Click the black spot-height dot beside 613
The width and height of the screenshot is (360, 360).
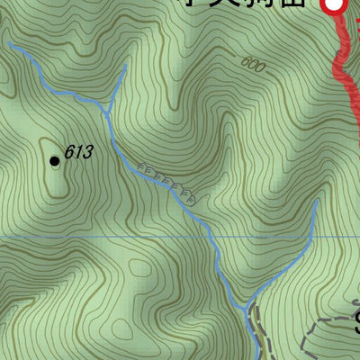click(x=55, y=160)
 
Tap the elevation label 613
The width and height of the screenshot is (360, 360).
click(x=78, y=153)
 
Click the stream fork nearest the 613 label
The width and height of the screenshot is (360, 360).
click(x=110, y=111)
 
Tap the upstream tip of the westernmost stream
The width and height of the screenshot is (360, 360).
click(x=9, y=43)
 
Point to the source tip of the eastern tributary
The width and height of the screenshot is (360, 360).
click(x=318, y=202)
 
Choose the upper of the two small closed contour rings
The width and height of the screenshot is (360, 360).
click(x=140, y=268)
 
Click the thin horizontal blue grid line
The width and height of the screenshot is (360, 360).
click(x=90, y=238)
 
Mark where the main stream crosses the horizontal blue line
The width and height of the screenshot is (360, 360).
click(x=211, y=238)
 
